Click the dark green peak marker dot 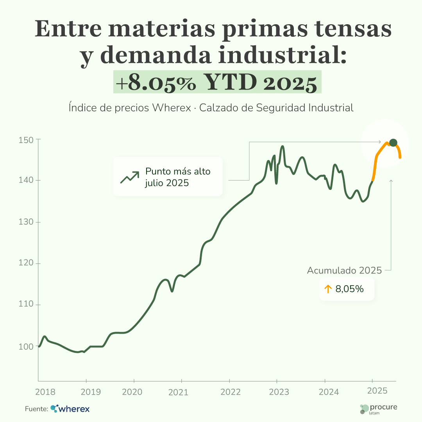[x=393, y=143]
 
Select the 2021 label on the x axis [x=181, y=392]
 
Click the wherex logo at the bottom [x=70, y=409]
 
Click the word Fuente [x=36, y=409]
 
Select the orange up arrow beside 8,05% [x=328, y=289]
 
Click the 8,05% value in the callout [x=349, y=289]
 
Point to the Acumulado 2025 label [x=344, y=270]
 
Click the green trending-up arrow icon [x=129, y=177]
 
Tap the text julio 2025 [x=167, y=182]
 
